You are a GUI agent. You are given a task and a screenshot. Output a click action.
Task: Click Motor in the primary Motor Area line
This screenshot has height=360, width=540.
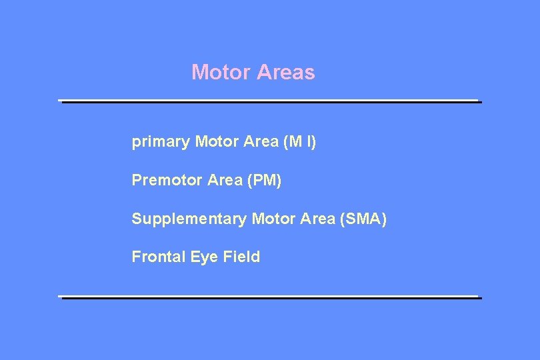216,142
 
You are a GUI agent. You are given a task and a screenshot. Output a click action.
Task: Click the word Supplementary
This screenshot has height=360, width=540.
189,219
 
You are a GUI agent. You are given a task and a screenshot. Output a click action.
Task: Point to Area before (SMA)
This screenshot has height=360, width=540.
316,218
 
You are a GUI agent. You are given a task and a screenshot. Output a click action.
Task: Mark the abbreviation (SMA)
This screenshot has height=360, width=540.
363,218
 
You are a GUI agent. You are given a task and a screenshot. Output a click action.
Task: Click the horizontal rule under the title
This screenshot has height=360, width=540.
270,101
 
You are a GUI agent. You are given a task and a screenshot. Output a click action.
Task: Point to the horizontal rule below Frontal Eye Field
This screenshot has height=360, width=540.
270,297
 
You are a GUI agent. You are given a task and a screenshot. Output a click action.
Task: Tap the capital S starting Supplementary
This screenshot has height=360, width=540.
137,218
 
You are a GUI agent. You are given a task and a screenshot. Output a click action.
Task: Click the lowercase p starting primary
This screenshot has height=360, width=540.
136,143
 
